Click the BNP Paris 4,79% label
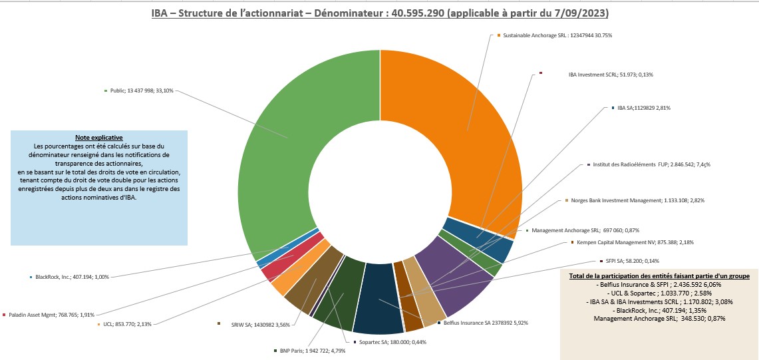coord(313,351)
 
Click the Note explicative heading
coord(99,137)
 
